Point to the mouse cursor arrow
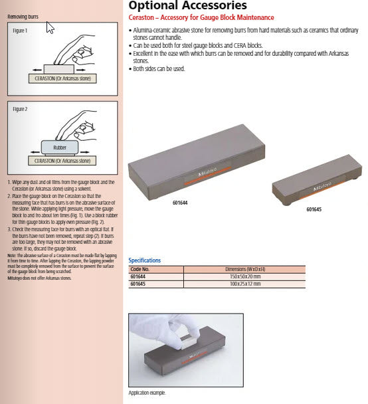coord(50,27)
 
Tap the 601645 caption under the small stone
coord(314,210)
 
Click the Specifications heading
coord(144,260)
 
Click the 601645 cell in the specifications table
coord(138,284)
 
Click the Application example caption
coord(147,393)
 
